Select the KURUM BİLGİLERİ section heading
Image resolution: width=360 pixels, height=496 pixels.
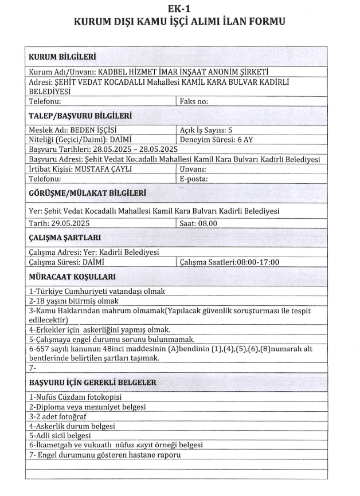tap(62, 57)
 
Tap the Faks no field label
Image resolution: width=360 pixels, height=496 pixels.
tap(194, 101)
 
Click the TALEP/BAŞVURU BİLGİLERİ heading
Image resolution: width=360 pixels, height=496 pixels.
tap(80, 116)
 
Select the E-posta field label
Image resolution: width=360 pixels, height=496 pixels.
tap(193, 178)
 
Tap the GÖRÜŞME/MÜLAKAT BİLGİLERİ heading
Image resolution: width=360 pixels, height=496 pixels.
tap(87, 193)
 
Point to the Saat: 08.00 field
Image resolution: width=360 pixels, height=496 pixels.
tap(198, 223)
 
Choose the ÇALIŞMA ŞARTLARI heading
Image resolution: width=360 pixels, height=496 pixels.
tap(65, 238)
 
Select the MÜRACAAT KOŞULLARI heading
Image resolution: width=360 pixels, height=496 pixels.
tap(72, 277)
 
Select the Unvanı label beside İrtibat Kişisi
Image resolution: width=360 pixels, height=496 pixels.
tap(193, 170)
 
